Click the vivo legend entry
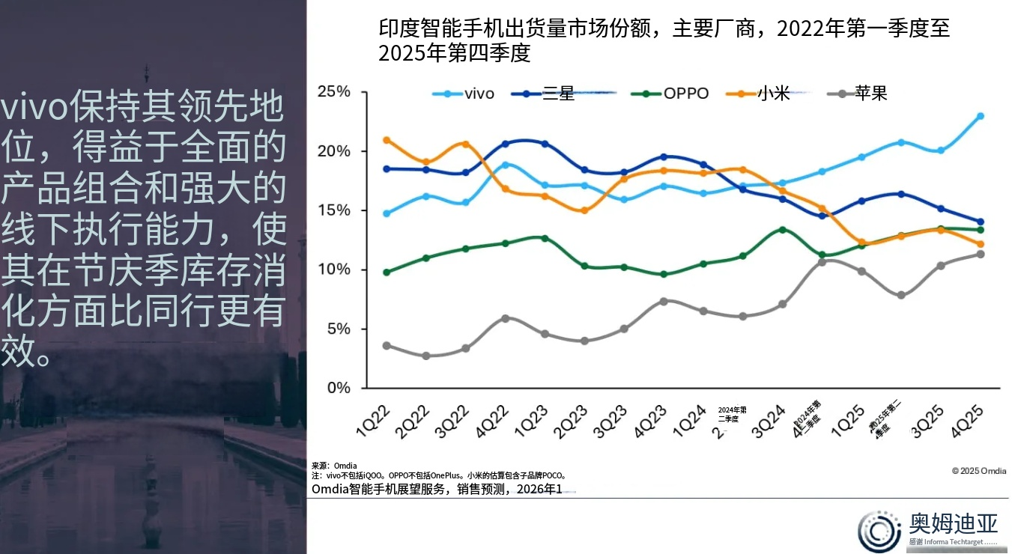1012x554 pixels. pos(464,94)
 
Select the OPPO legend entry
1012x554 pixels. pos(670,94)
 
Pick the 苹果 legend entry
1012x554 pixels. pos(858,94)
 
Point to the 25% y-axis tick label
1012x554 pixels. pos(334,92)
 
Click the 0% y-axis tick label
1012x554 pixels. pos(339,388)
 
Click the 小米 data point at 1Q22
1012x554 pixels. pos(387,140)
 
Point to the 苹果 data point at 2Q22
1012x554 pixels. pos(426,356)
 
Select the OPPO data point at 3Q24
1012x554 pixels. pos(783,230)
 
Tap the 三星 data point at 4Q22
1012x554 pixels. pos(505,144)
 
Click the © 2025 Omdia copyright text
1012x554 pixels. pos(978,471)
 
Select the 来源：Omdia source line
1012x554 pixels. pos(334,466)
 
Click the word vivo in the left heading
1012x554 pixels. pos(34,110)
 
